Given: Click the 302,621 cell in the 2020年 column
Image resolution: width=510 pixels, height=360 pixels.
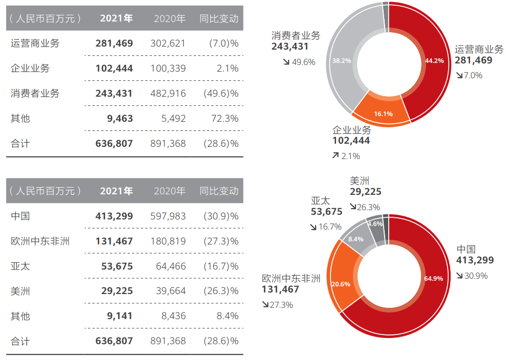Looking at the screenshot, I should (x=168, y=43).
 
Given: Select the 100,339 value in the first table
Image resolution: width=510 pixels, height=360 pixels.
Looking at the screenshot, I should (x=168, y=69).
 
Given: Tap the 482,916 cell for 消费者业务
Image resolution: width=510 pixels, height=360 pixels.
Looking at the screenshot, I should (x=168, y=94).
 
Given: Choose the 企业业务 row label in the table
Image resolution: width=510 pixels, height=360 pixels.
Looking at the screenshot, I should (x=30, y=69).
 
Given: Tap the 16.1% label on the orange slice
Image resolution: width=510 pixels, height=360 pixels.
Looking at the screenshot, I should (x=383, y=114).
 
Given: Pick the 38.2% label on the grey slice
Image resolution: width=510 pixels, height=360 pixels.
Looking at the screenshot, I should (x=342, y=60).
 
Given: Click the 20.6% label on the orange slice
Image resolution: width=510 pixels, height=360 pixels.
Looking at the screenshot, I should (x=341, y=284).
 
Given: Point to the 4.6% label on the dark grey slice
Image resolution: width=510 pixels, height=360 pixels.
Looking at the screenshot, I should (x=375, y=224).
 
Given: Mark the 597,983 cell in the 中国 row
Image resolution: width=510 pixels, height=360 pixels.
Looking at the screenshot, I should (x=168, y=216).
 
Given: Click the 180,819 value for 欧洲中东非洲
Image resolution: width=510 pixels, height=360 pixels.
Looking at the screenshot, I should (x=168, y=241).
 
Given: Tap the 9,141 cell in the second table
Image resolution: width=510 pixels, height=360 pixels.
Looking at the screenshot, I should (x=121, y=316).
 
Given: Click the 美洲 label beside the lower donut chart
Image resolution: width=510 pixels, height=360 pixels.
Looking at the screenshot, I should (x=360, y=181).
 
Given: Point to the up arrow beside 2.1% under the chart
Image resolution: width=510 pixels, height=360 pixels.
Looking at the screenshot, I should (x=336, y=155).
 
